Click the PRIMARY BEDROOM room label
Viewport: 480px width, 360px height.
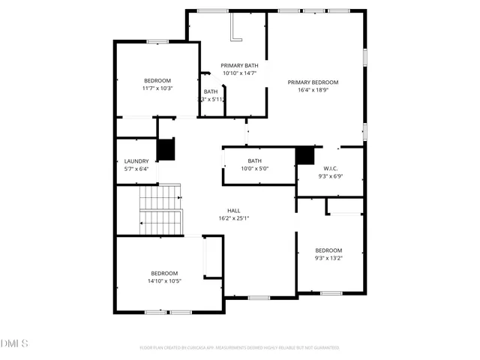coord(313,82)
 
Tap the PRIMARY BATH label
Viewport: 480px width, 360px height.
coord(239,65)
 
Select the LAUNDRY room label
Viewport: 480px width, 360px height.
coord(136,160)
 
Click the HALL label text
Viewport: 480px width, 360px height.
coord(234,210)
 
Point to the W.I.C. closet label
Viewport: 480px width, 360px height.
coord(331,168)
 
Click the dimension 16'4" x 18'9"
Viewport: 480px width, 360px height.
coord(313,90)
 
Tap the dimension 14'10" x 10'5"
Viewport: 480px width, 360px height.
coord(164,281)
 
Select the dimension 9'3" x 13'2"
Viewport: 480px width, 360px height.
coord(328,258)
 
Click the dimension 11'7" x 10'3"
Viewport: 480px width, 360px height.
coord(157,88)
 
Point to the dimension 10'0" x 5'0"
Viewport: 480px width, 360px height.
coord(255,169)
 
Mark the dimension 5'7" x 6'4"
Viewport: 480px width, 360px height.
coord(136,169)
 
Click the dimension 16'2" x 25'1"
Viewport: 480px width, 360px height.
coord(234,218)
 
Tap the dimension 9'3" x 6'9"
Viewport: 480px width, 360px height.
coord(331,176)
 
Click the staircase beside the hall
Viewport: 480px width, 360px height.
coord(161,210)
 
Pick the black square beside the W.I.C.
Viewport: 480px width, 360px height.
coord(304,155)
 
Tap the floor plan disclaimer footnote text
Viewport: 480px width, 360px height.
coord(239,348)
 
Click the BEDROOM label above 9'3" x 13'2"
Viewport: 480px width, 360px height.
coord(328,250)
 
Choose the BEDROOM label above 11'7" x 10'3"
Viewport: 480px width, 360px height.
coord(157,80)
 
